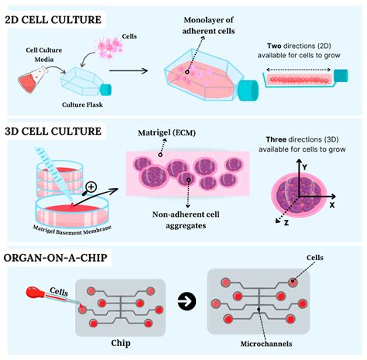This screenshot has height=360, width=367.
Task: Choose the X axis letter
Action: tap(331, 207)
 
